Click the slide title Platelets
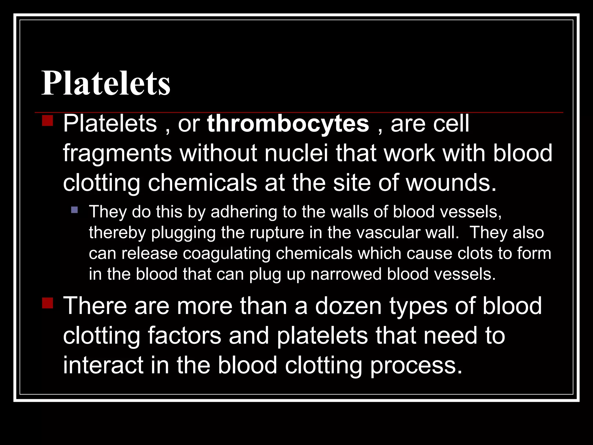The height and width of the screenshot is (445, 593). pyautogui.click(x=106, y=83)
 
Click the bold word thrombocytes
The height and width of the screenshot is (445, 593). pyautogui.click(x=288, y=124)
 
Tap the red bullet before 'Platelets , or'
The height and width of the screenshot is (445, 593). pyautogui.click(x=47, y=120)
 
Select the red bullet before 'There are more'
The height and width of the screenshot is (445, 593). pyautogui.click(x=47, y=303)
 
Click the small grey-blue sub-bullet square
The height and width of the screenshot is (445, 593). pyautogui.click(x=74, y=209)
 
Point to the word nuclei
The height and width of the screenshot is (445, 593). pyautogui.click(x=296, y=153)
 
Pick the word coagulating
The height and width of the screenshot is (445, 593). pyautogui.click(x=226, y=253)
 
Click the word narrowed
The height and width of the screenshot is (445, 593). pyautogui.click(x=346, y=274)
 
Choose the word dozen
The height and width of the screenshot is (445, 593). pyautogui.click(x=348, y=306)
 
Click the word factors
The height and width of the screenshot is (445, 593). pyautogui.click(x=184, y=336)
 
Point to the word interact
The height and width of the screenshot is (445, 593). pyautogui.click(x=103, y=365)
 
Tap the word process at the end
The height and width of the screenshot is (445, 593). pyautogui.click(x=416, y=366)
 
